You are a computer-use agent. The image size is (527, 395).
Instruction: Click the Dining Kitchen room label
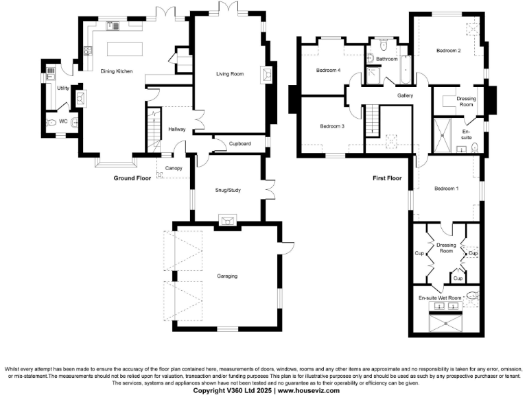(116, 71)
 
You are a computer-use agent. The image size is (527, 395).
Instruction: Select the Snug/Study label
(227, 191)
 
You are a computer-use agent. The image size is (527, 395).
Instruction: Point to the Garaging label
(227, 276)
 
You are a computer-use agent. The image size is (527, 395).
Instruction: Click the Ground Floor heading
(132, 178)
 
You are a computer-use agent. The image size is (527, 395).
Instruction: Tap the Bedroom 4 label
(328, 71)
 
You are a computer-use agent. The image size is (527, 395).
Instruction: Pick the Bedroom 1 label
(447, 189)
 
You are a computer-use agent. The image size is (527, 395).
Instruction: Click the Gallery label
(405, 96)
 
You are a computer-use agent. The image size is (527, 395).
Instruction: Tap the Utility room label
(62, 88)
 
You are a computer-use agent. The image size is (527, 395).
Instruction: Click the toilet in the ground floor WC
(51, 122)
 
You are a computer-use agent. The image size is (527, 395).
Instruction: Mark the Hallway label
(177, 128)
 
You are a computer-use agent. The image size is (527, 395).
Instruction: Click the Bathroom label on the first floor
(387, 60)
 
